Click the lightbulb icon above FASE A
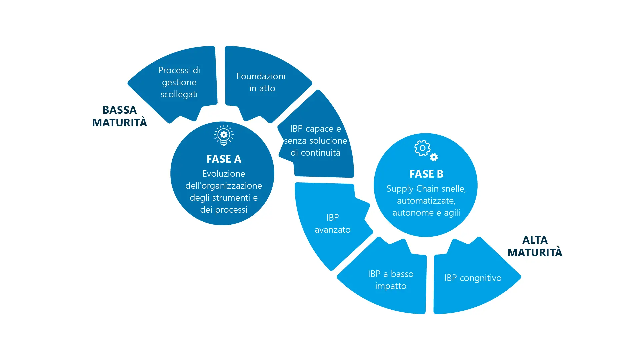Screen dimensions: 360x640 (224, 135)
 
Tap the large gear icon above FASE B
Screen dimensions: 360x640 (422, 148)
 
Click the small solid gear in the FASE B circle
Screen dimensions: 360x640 (434, 157)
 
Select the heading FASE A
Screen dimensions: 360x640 (224, 159)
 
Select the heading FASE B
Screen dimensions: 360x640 (426, 174)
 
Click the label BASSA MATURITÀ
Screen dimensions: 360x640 (119, 116)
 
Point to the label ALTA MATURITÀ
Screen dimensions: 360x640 (535, 246)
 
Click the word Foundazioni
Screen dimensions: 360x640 (261, 76)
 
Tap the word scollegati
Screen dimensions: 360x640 (179, 94)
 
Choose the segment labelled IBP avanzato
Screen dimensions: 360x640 (332, 224)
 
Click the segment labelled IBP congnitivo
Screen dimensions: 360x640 (473, 278)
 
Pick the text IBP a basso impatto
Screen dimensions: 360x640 (391, 280)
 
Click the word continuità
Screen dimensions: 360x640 (321, 153)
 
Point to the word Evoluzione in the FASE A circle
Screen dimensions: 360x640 (224, 174)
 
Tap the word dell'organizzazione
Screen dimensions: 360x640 (224, 186)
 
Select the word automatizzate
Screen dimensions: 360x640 (426, 201)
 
